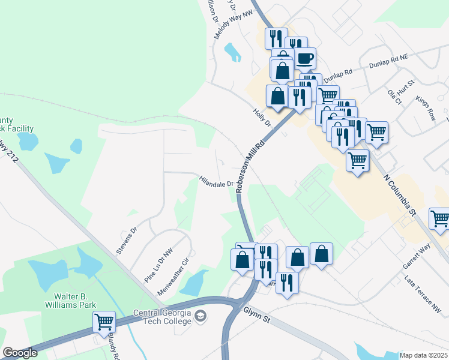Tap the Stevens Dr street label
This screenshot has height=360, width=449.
tap(127, 239)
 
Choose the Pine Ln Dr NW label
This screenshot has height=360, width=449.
tap(158, 265)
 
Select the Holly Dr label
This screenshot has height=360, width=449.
tap(263, 116)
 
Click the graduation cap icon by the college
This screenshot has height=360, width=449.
tap(201, 316)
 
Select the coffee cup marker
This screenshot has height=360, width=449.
tap(304, 59)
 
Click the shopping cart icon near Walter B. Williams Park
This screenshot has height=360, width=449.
tap(104, 322)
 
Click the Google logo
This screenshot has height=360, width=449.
tap(20, 352)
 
